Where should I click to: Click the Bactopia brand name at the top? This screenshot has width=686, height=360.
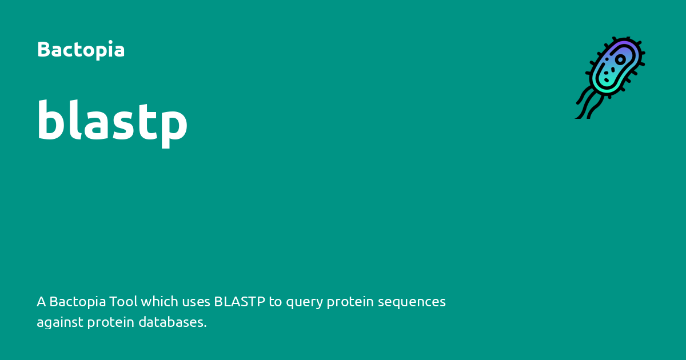[81, 50]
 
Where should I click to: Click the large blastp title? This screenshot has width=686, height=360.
[112, 121]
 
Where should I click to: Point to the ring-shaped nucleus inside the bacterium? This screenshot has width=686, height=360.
[620, 59]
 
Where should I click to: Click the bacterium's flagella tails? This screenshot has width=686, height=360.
[589, 103]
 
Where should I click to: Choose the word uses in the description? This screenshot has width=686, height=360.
[196, 301]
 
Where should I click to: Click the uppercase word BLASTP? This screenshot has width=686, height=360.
[240, 301]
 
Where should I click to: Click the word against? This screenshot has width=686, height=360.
[60, 323]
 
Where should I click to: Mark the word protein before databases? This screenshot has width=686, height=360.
[109, 323]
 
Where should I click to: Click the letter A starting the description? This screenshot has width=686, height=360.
[41, 301]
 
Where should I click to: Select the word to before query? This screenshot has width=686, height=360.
[276, 301]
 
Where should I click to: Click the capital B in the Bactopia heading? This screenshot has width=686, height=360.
[42, 50]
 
